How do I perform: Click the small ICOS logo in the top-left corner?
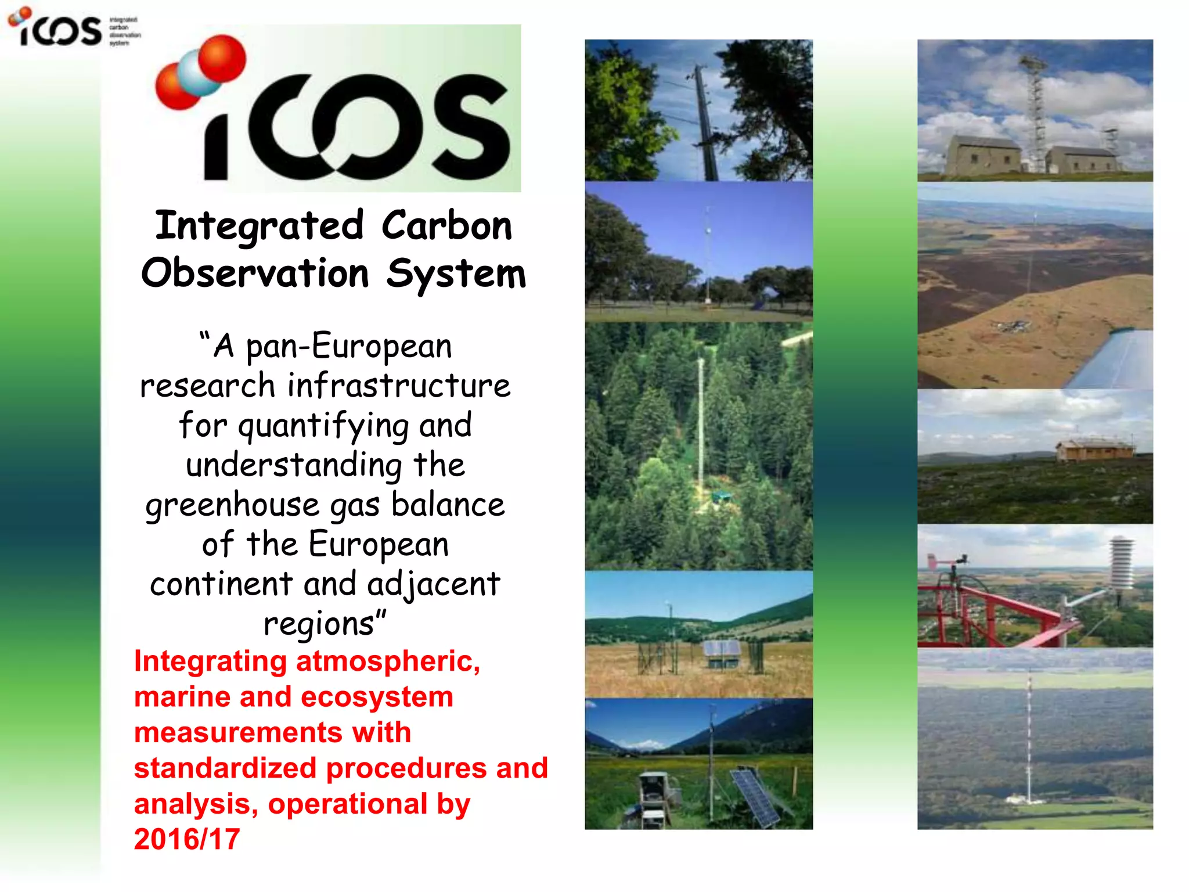pos(58,28)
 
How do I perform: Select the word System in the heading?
pos(456,274)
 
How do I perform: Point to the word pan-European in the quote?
pos(348,347)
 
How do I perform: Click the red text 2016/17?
pos(187,839)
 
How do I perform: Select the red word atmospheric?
pos(388,661)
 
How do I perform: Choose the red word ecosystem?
pos(376,697)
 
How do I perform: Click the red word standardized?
pos(225,768)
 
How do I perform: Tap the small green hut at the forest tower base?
pos(722,496)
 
